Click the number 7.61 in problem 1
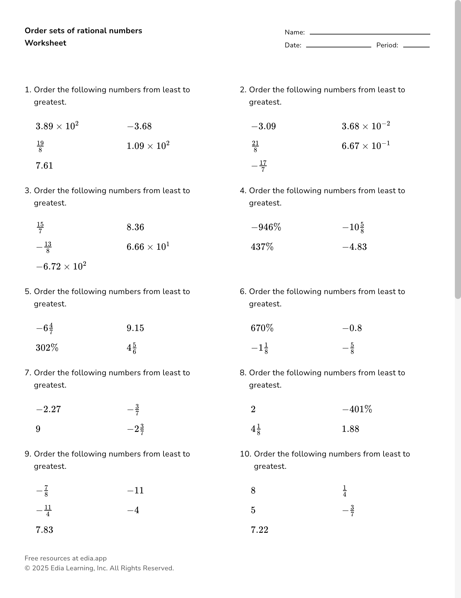[44, 165]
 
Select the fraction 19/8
[40, 146]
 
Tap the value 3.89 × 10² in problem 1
[57, 126]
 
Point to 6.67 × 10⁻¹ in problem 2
[366, 146]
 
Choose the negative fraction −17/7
[259, 166]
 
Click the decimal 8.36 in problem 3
[135, 227]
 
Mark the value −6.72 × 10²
[61, 266]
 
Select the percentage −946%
[266, 227]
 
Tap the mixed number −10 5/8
[353, 227]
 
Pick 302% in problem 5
[47, 348]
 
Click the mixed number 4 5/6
[132, 348]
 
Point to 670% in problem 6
[262, 328]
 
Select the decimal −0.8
[352, 328]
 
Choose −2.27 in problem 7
[48, 409]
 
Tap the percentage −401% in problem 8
[357, 409]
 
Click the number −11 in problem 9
[135, 490]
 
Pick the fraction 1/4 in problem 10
[345, 491]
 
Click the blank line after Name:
[370, 33]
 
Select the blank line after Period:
[416, 46]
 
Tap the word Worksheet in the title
[45, 43]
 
